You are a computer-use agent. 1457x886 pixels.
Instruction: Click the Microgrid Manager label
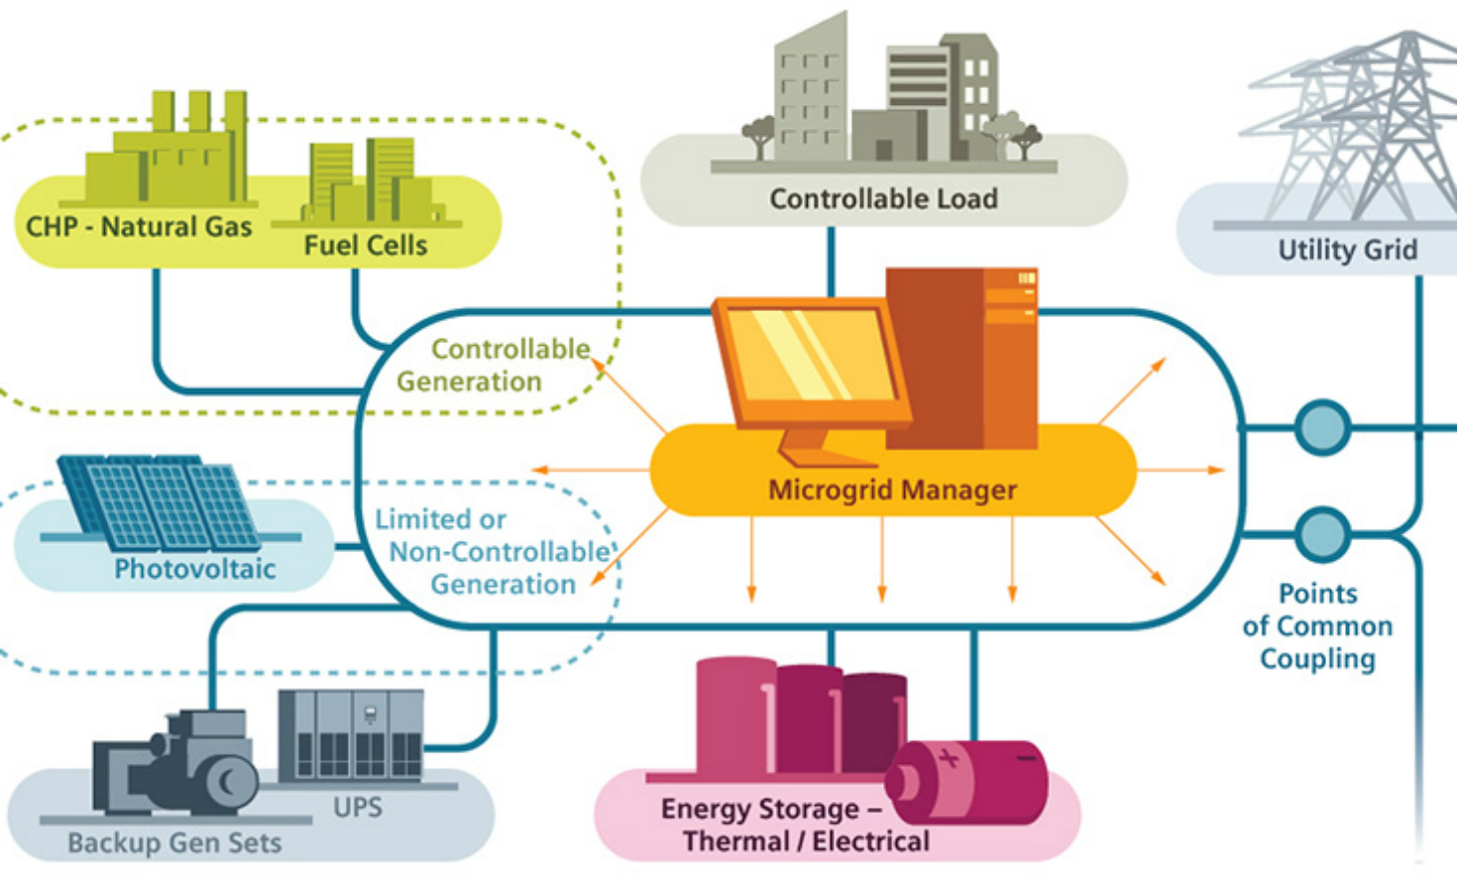(892, 490)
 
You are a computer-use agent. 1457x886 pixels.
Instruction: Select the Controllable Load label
(883, 199)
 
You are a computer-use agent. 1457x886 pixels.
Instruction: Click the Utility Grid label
(1347, 250)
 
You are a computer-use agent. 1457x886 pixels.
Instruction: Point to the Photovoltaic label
(194, 569)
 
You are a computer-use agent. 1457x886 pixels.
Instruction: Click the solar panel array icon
(159, 501)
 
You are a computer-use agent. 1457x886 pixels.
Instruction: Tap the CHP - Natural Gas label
(139, 227)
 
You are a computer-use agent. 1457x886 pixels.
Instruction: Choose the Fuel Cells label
(365, 246)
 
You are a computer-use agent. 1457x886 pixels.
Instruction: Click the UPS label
(357, 808)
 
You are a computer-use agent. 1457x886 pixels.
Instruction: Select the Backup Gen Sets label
(174, 843)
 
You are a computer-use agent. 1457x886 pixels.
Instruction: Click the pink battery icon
(966, 783)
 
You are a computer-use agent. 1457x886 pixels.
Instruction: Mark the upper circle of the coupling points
(1322, 428)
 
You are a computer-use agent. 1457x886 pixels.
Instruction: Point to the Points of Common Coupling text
(1317, 626)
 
